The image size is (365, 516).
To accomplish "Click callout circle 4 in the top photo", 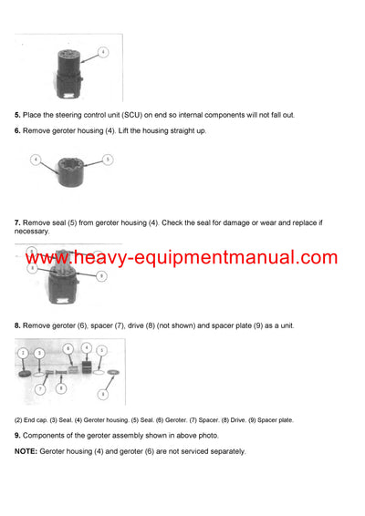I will [103, 52].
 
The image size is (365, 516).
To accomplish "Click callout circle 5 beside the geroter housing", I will [108, 159].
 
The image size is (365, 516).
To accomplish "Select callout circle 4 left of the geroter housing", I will [36, 160].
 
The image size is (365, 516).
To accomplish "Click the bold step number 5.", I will [17, 115].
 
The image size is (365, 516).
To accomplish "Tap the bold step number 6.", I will [17, 131].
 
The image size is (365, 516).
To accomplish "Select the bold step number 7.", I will [17, 222].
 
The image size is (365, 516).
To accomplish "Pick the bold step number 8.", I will [17, 325].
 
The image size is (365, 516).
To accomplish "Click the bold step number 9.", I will [17, 435].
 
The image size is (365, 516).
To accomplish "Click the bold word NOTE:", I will [26, 451].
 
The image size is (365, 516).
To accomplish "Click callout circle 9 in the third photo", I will [101, 275].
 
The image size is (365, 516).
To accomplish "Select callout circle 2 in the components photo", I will [23, 352].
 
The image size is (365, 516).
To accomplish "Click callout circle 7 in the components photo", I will [40, 389].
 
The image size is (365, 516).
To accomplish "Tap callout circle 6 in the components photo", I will [68, 348].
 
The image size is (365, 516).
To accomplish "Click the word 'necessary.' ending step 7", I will [32, 232].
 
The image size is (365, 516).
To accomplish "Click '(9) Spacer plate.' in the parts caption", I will [270, 420].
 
